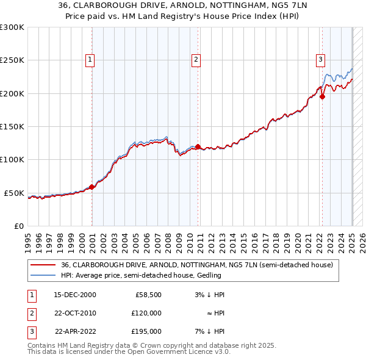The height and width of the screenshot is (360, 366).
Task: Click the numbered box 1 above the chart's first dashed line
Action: click(x=90, y=60)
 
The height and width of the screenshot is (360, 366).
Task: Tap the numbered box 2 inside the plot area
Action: click(x=196, y=60)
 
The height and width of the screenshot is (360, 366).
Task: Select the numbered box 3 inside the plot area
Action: click(x=320, y=60)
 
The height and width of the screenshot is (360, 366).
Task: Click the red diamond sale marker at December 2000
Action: click(x=91, y=187)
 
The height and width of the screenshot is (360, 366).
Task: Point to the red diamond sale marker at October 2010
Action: click(x=198, y=146)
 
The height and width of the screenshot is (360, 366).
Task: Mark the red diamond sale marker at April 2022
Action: click(x=323, y=95)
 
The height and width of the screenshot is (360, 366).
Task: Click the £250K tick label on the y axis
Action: click(x=12, y=60)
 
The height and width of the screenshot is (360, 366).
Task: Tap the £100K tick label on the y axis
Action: click(x=12, y=159)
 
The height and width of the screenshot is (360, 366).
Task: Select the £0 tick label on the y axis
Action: click(x=18, y=226)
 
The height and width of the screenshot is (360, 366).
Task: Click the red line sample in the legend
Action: click(x=43, y=265)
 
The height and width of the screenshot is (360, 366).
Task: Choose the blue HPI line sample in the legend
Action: click(x=43, y=275)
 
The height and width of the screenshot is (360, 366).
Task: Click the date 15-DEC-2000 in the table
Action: click(x=75, y=295)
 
